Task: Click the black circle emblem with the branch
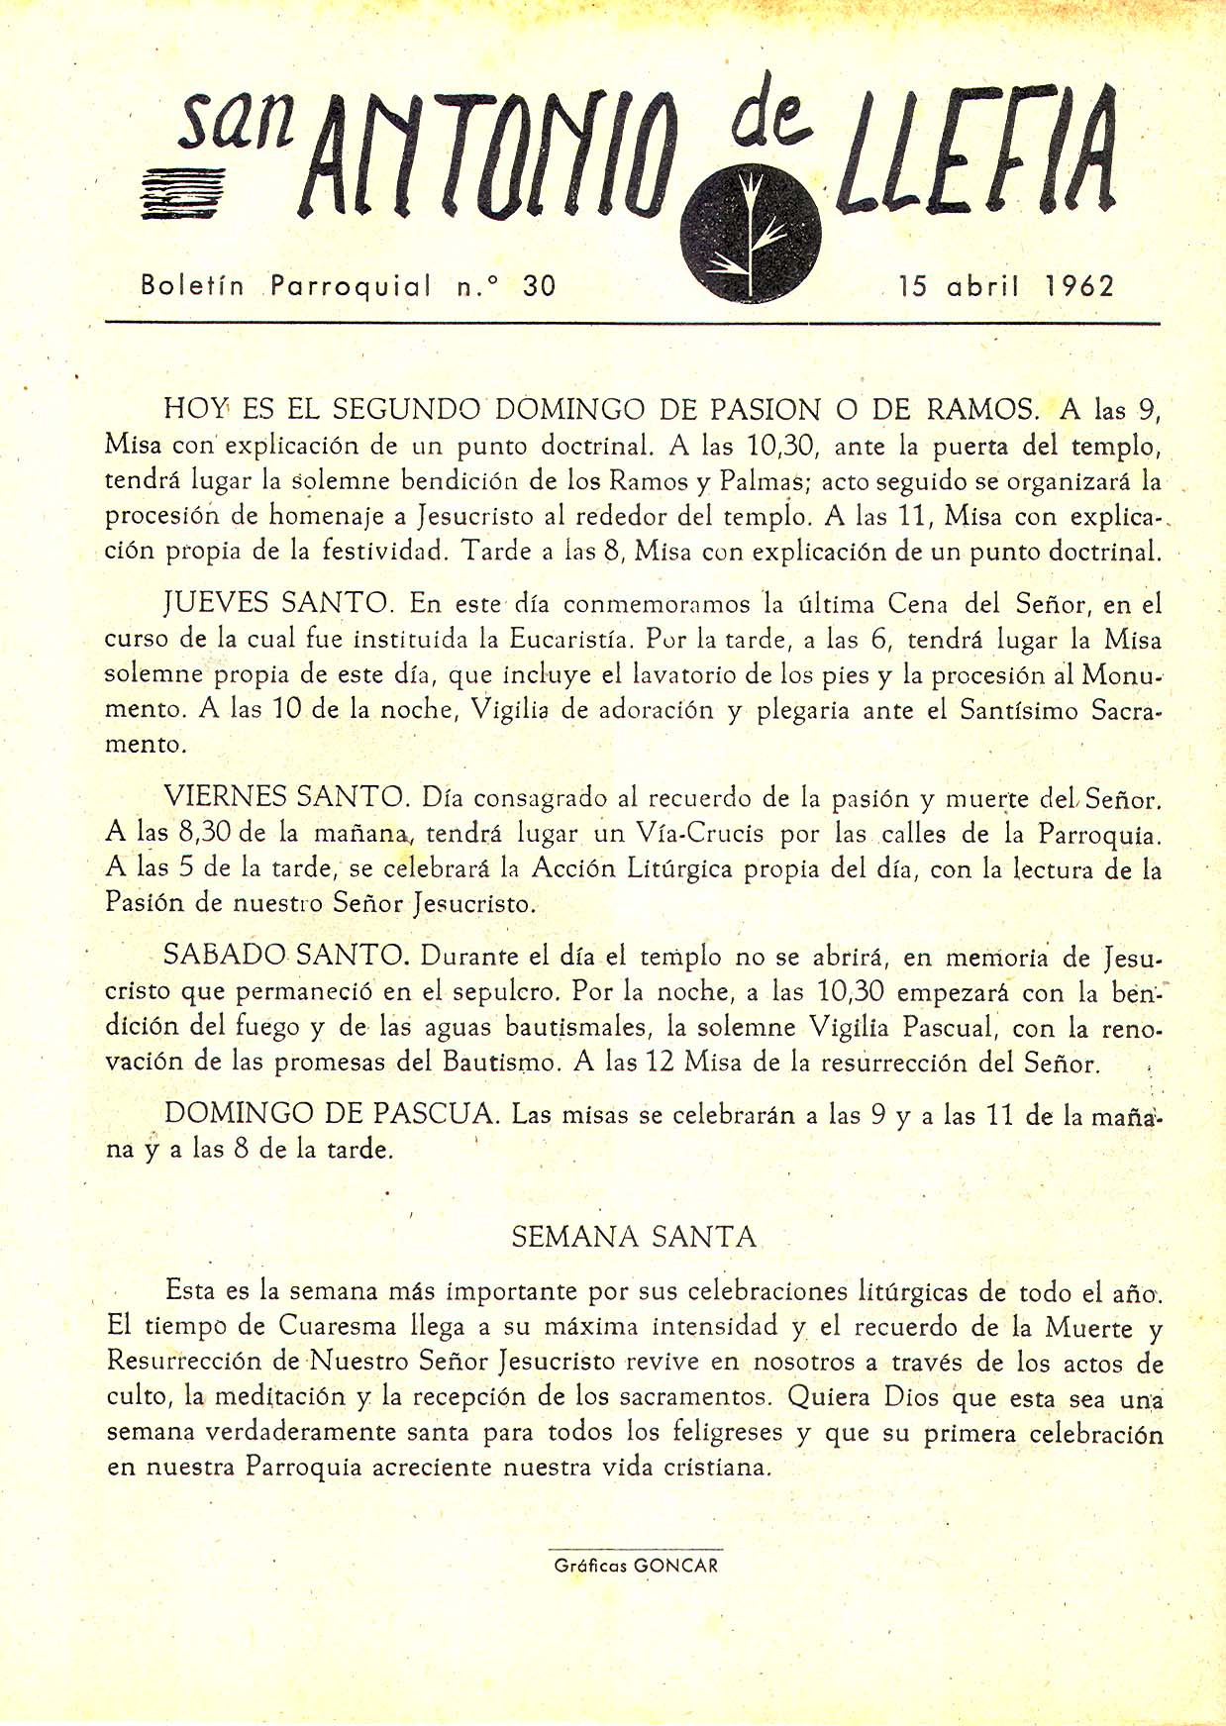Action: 751,234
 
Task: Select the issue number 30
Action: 540,286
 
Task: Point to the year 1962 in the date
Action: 1079,286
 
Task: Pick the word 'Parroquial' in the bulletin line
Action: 352,287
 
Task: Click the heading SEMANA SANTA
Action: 634,1237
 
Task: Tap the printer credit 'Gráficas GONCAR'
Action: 636,1566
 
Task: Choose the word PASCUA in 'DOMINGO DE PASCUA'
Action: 435,1113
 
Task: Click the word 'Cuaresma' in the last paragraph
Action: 337,1327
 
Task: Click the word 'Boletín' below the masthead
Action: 192,286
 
